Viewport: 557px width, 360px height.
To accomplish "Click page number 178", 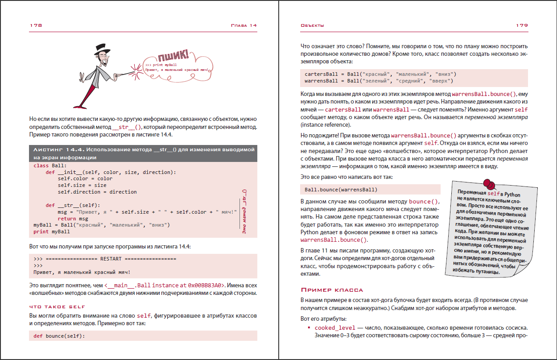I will [36, 25].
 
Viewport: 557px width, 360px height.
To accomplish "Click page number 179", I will [522, 25].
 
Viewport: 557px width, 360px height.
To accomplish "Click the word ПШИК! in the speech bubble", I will [173, 57].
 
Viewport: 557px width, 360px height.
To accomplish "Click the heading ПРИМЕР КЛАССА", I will [332, 290].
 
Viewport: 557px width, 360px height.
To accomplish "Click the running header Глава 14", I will [243, 25].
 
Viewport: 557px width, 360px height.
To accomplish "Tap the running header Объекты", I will [312, 25].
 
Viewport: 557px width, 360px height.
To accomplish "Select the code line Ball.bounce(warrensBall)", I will [341, 189].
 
